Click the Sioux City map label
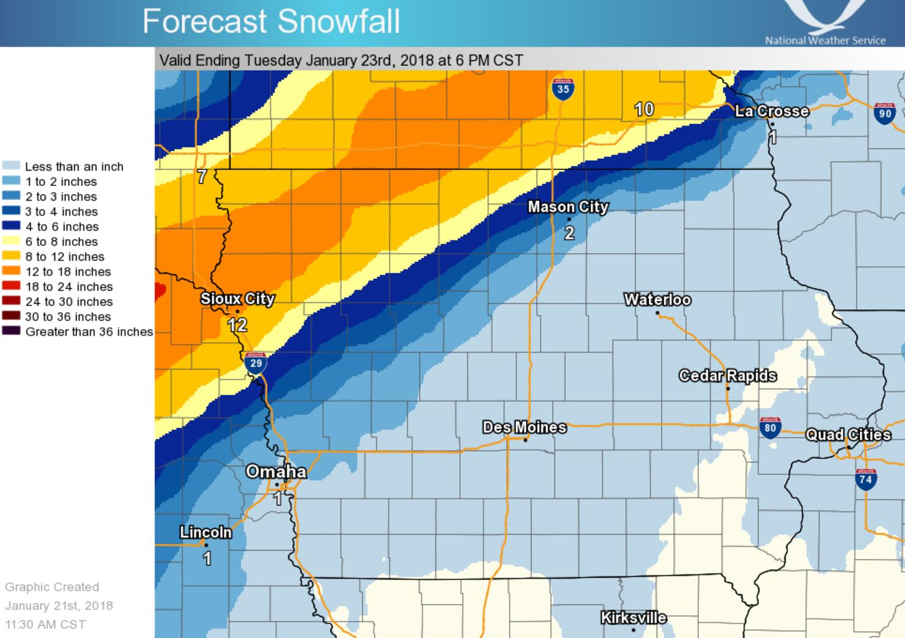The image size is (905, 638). pos(237,299)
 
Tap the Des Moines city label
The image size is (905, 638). pos(524,427)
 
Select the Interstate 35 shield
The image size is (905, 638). pos(563,89)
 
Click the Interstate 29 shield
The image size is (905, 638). pos(256,363)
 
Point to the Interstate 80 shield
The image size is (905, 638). pos(770,427)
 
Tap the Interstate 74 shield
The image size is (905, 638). pos(865,479)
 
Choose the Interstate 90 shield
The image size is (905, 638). pos(885,113)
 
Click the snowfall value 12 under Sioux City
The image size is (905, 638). pos(237,325)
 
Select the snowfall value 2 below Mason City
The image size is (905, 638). pos(569,232)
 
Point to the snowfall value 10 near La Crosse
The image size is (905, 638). pos(644,109)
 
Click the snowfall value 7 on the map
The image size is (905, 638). pos(202,177)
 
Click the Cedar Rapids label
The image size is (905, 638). pos(728,376)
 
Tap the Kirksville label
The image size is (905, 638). pos(633,618)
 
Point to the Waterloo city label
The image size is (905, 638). pos(657,300)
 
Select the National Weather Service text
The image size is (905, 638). pos(825,40)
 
